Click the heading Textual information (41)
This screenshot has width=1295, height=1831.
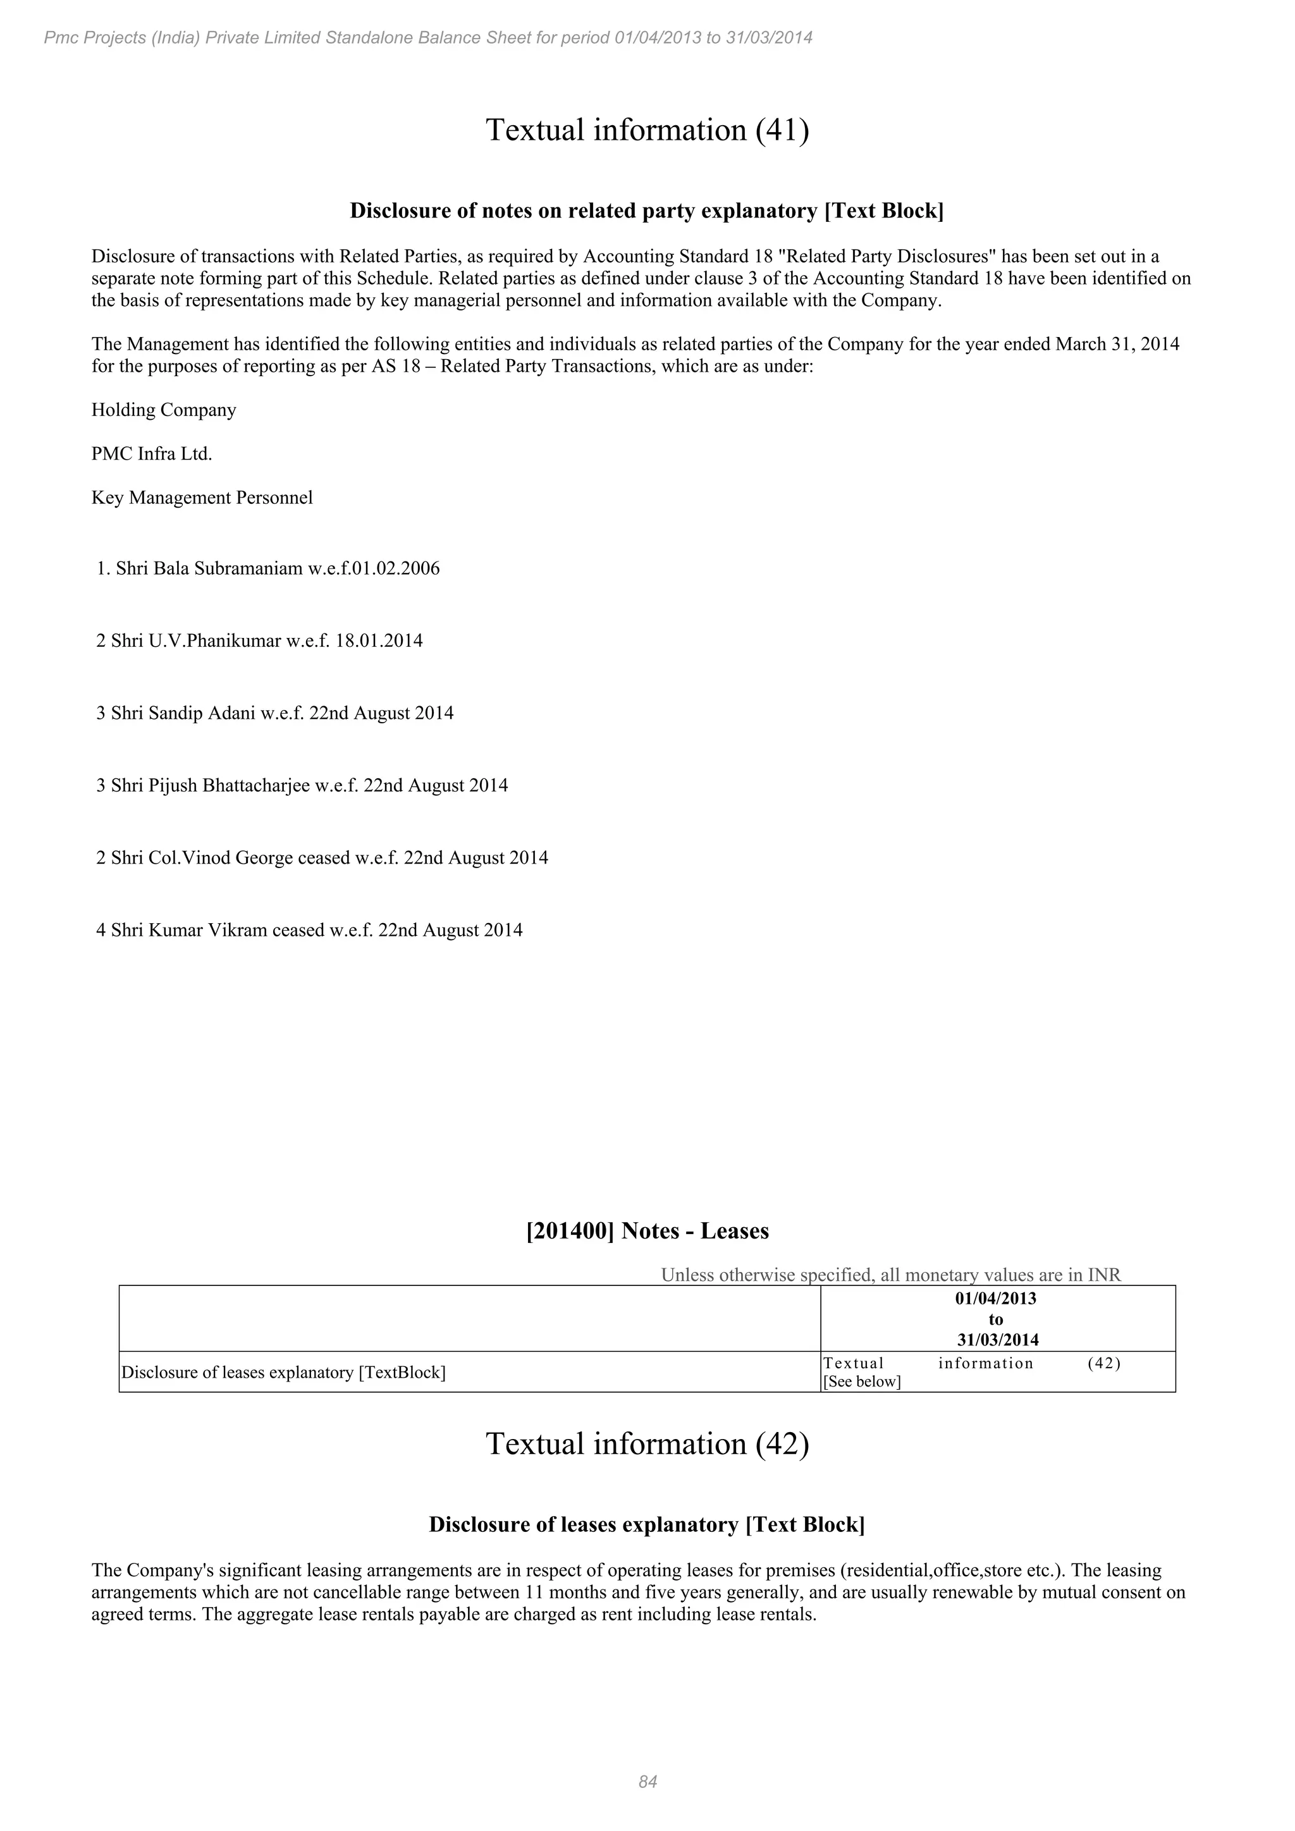(x=647, y=130)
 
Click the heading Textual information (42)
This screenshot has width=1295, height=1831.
(x=647, y=1444)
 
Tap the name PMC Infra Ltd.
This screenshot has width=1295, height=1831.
(x=152, y=454)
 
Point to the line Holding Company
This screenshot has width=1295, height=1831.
(x=164, y=410)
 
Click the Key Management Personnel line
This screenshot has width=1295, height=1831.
(x=202, y=498)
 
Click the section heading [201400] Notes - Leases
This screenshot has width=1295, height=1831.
(x=647, y=1231)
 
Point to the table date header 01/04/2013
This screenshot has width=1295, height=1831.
(x=995, y=1298)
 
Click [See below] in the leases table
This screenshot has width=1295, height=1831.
(x=861, y=1382)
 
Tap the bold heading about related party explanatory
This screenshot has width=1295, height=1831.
(x=647, y=211)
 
